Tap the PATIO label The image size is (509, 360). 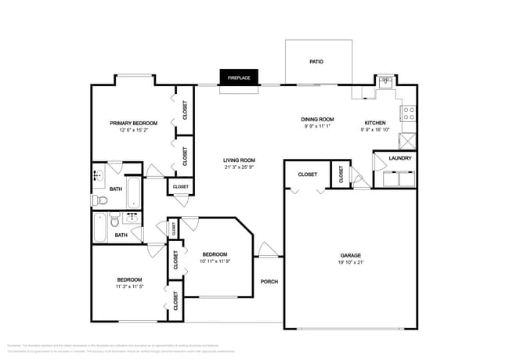point(316,61)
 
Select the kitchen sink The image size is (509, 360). point(385,81)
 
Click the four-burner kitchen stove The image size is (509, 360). point(408,114)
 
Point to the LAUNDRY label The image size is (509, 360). point(399,159)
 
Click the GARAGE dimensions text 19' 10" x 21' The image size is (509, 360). point(350,263)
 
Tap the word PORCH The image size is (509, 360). point(269,282)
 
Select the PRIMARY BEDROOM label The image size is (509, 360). point(133,123)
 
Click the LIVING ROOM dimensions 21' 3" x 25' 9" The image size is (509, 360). point(239,167)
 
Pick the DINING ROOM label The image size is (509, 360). point(318,119)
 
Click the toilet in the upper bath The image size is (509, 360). point(98,200)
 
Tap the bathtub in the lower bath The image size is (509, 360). point(100,228)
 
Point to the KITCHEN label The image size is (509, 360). point(375,123)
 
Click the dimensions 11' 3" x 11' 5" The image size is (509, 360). point(129,287)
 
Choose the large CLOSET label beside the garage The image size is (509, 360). point(308,174)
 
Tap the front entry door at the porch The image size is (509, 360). point(269,254)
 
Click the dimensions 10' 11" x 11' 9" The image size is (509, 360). point(215,261)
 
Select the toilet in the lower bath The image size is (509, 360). point(114,220)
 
